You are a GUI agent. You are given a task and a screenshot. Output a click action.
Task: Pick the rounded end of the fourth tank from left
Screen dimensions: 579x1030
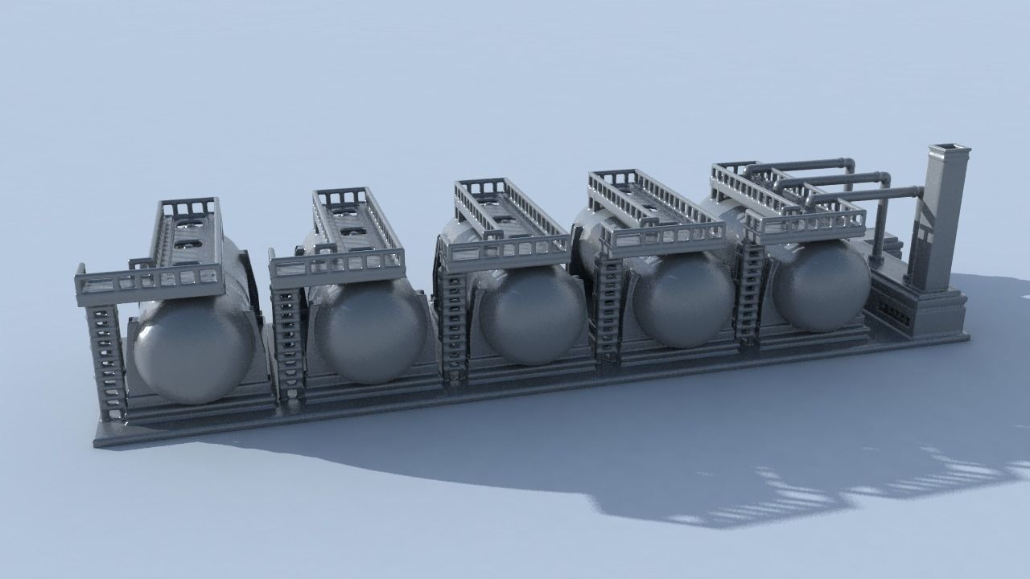coord(682,299)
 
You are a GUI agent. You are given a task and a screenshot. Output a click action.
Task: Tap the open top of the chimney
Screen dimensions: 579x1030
coord(950,149)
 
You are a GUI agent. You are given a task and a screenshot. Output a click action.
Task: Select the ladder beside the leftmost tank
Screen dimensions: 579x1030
coord(107,362)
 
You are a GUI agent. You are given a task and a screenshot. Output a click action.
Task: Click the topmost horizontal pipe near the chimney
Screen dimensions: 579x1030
coord(805,165)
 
